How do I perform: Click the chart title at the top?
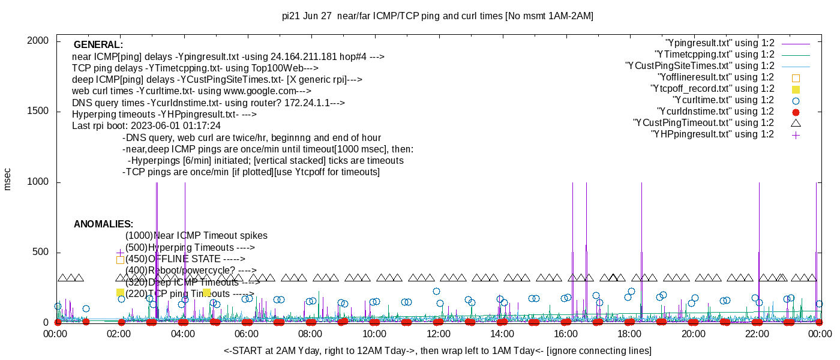(x=437, y=16)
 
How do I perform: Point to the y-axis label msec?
(x=8, y=179)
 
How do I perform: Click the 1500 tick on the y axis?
(x=40, y=112)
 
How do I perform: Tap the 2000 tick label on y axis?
(x=40, y=41)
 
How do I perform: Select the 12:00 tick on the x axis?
(x=438, y=334)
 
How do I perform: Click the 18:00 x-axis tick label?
(x=629, y=334)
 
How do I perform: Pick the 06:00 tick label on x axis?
(x=247, y=334)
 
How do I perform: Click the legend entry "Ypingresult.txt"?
(x=720, y=43)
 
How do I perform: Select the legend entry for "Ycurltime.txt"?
(x=723, y=100)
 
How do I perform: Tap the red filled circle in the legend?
(x=796, y=112)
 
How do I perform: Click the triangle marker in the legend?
(x=796, y=123)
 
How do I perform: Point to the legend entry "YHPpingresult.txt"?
(x=712, y=134)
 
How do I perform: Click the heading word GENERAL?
(x=98, y=45)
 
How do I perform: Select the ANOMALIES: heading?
(x=103, y=224)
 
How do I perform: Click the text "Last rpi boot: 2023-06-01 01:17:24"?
(x=146, y=126)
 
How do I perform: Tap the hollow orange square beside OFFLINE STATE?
(x=120, y=260)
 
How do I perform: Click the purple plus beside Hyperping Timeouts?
(x=120, y=253)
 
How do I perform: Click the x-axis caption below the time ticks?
(x=437, y=350)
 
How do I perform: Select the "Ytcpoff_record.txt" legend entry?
(x=712, y=89)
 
